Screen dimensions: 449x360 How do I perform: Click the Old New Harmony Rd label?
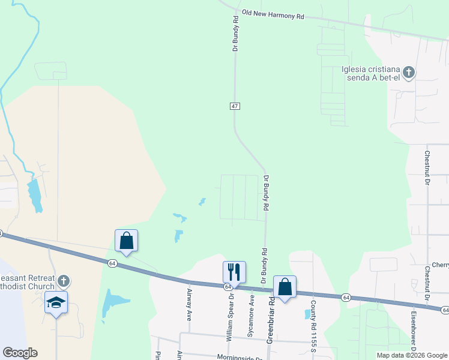coord(273,14)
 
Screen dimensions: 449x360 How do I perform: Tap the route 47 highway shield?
coord(235,106)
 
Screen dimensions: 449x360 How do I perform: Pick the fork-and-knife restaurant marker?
coord(234,272)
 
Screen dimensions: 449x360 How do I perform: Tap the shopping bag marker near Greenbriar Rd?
coord(285,287)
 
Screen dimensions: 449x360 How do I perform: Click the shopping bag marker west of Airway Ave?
coord(127,241)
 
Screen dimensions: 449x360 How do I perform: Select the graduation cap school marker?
coord(56,302)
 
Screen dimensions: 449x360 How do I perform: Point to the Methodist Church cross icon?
coord(64,280)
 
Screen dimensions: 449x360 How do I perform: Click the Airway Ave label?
coord(188,304)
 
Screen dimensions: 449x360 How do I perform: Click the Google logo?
coord(20,352)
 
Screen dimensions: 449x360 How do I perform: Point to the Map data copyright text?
coord(412,355)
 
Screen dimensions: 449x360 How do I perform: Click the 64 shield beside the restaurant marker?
coord(229,287)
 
